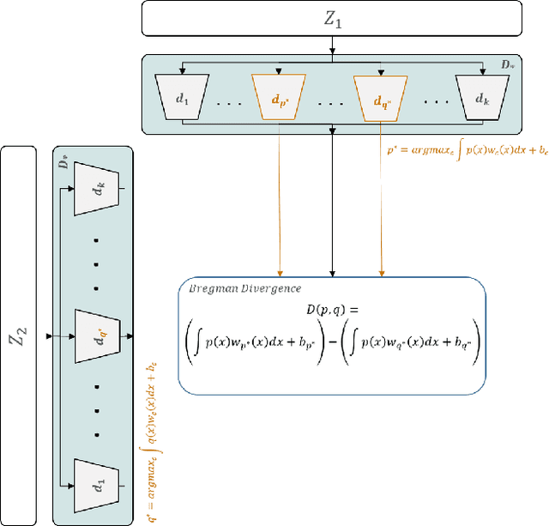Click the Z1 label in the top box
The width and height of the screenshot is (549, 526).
pos(331,18)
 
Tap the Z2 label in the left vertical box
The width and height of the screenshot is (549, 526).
pos(18,335)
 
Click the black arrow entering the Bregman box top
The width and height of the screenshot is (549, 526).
pos(332,206)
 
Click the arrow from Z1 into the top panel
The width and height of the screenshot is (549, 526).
pos(332,47)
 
